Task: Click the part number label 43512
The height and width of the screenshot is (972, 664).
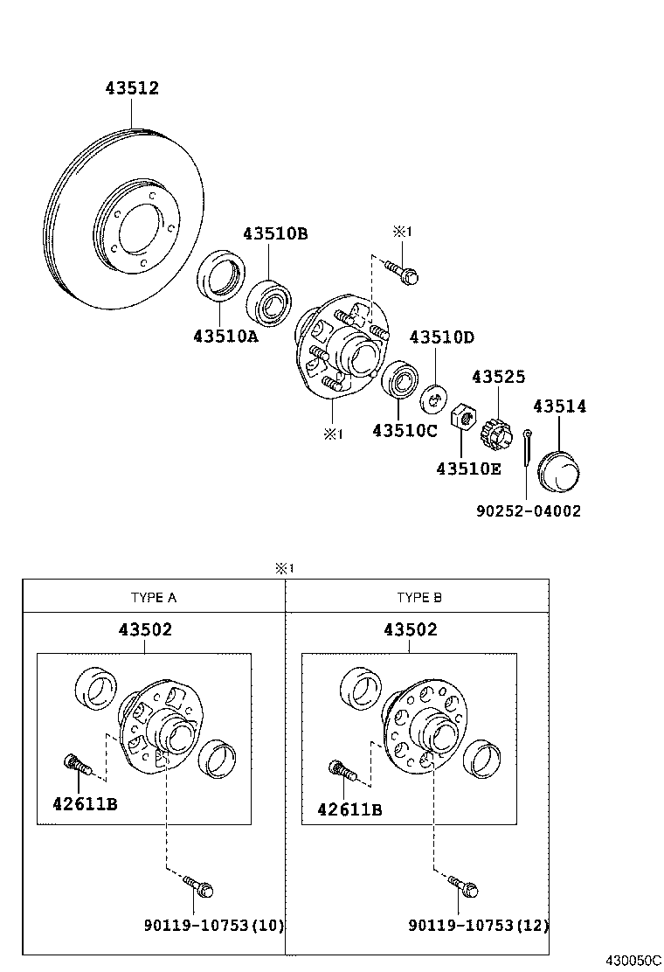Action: [x=132, y=88]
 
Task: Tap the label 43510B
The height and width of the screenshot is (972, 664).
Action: [x=275, y=234]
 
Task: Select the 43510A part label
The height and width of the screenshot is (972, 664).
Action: [x=226, y=336]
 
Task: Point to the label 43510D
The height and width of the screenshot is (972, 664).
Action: [x=442, y=337]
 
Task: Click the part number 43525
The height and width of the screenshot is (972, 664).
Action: [x=499, y=377]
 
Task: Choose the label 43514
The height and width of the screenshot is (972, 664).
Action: [x=560, y=406]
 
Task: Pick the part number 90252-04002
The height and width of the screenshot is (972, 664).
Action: [x=528, y=511]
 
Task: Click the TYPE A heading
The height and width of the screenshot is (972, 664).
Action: [x=154, y=598]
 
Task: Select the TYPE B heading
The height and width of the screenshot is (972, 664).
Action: [x=419, y=598]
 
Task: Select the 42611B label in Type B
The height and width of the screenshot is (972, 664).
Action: [x=349, y=809]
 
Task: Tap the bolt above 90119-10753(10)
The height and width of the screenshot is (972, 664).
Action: [x=200, y=887]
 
